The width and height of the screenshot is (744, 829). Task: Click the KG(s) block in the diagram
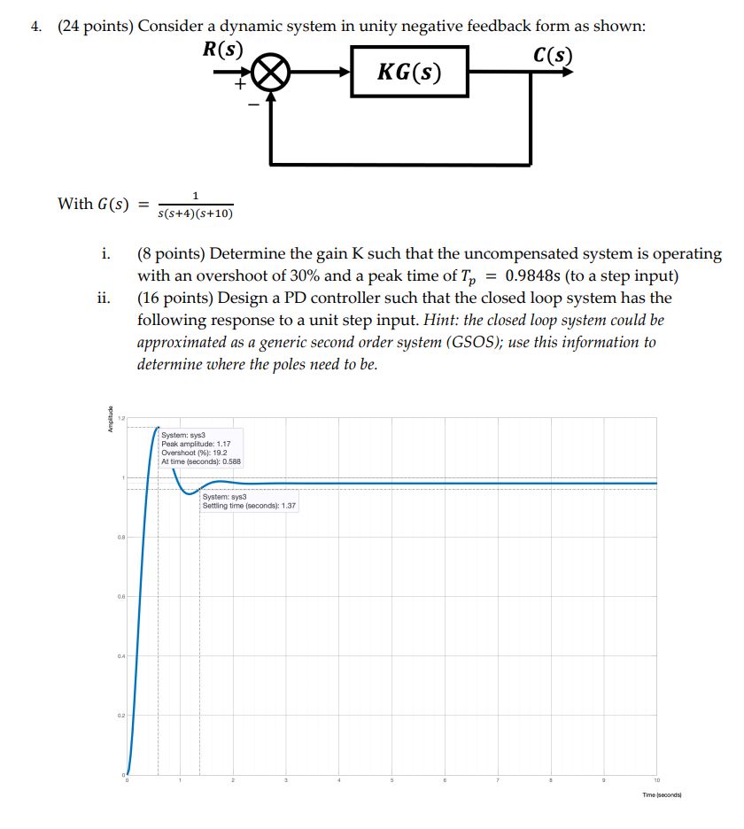[x=409, y=72]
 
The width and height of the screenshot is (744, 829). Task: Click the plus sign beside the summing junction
[x=238, y=85]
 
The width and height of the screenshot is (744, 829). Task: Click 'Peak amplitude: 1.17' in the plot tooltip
[x=197, y=443]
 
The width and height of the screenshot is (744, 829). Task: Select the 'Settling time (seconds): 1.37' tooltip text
[x=249, y=505]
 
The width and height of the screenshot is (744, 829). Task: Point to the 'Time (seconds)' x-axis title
[x=668, y=794]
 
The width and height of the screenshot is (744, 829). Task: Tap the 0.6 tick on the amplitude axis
[x=118, y=597]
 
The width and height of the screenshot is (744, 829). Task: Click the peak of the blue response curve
[x=158, y=427]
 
